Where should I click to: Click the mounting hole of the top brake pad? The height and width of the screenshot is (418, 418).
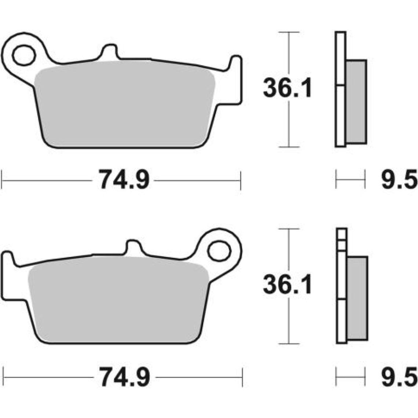click(x=24, y=55)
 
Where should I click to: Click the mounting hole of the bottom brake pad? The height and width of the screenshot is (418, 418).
click(x=219, y=252)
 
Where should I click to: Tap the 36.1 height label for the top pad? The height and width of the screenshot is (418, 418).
click(x=287, y=88)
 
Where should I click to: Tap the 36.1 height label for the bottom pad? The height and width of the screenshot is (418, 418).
click(x=287, y=285)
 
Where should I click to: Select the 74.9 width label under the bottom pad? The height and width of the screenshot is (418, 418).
click(x=125, y=377)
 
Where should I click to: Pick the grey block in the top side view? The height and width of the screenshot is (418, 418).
click(x=356, y=102)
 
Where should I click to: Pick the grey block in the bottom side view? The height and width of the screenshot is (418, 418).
click(x=357, y=298)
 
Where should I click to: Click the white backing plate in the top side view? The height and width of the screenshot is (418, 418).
click(x=340, y=110)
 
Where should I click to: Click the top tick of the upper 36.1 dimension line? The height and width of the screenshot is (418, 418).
click(x=290, y=32)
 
